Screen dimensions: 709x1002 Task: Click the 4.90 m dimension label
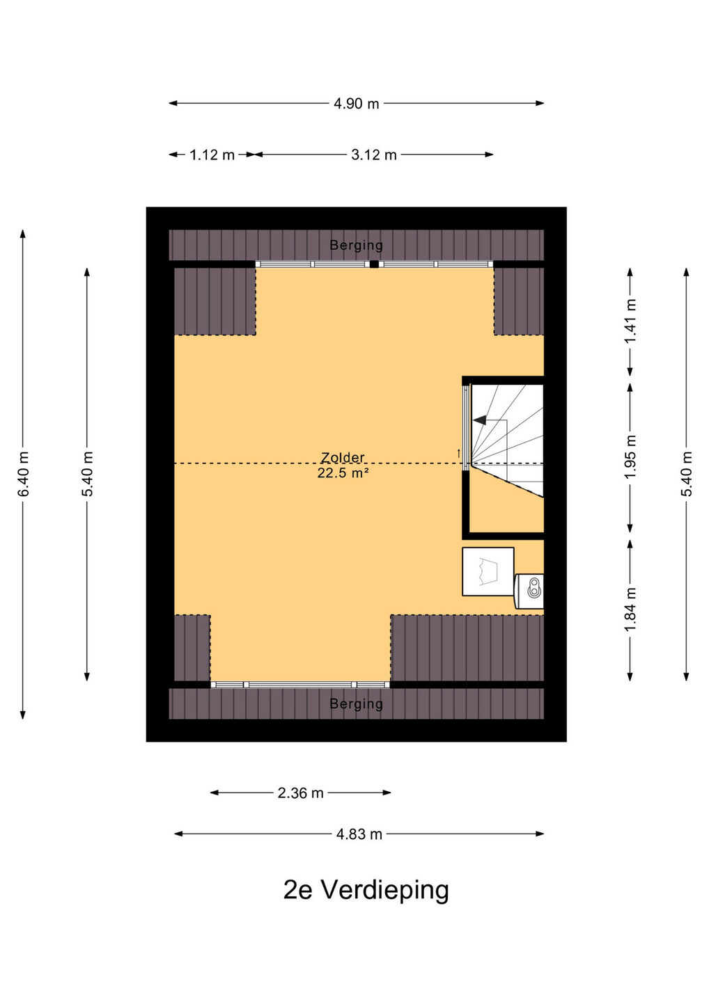pyautogui.click(x=357, y=104)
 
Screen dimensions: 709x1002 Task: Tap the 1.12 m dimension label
pyautogui.click(x=212, y=154)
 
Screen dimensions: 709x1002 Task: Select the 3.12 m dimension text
pyautogui.click(x=374, y=154)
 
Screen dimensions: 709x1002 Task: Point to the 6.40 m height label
pyautogui.click(x=23, y=474)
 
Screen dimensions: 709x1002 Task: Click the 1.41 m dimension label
pyautogui.click(x=630, y=321)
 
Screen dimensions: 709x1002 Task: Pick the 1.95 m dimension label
pyautogui.click(x=630, y=456)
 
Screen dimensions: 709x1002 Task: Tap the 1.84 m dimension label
pyautogui.click(x=630, y=610)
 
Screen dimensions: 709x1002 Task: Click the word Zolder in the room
pyautogui.click(x=343, y=457)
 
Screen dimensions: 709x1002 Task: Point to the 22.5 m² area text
pyautogui.click(x=343, y=473)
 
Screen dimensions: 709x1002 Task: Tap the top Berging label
pyautogui.click(x=357, y=245)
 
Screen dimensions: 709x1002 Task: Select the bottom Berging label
pyautogui.click(x=357, y=704)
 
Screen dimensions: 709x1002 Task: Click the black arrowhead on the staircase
pyautogui.click(x=480, y=420)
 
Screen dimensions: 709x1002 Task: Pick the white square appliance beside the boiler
pyautogui.click(x=488, y=571)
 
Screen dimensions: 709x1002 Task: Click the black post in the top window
pyautogui.click(x=374, y=264)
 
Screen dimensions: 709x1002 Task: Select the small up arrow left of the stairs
pyautogui.click(x=459, y=453)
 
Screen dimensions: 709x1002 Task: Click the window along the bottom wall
pyautogui.click(x=300, y=685)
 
